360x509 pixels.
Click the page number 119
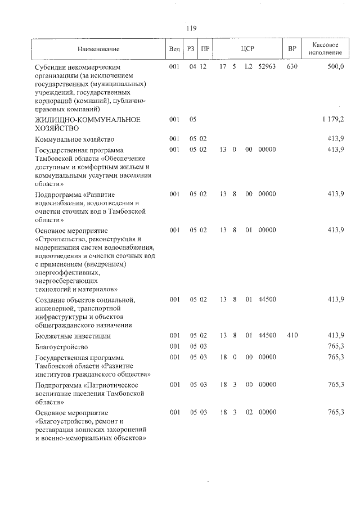point(191,28)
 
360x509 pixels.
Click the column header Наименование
point(98,49)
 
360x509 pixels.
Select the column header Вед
point(174,49)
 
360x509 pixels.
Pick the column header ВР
point(292,49)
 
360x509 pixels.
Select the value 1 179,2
point(333,119)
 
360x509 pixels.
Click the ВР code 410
point(291,336)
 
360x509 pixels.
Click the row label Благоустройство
point(61,346)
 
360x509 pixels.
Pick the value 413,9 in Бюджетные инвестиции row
point(335,336)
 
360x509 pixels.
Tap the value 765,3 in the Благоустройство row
point(335,346)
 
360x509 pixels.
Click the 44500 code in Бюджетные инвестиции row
point(267,336)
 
